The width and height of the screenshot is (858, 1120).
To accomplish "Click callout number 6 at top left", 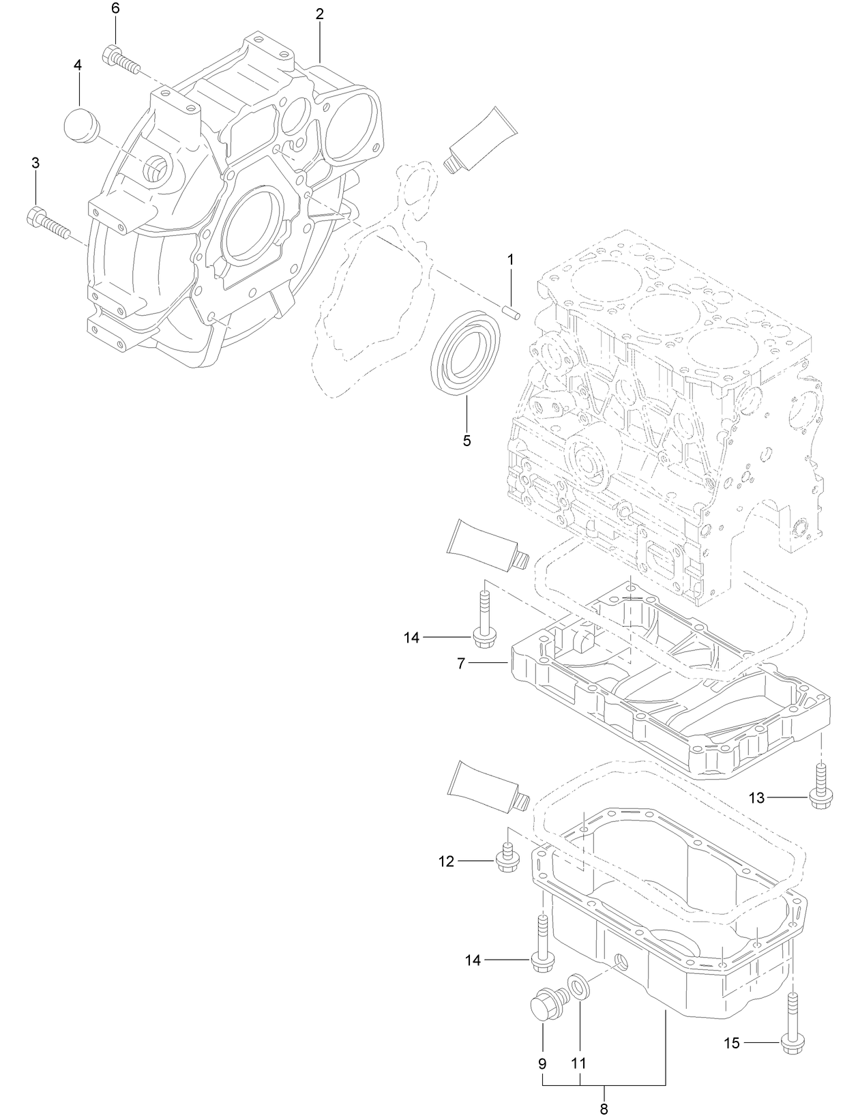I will pos(115,9).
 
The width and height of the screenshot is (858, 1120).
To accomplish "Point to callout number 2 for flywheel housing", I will pos(319,14).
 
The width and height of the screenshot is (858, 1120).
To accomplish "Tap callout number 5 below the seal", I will pos(467,441).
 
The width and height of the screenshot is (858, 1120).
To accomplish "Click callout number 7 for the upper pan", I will pos(460,663).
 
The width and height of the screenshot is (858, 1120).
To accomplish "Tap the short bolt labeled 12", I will pos(506,859).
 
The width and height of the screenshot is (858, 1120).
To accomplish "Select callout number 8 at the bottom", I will pos(604,1110).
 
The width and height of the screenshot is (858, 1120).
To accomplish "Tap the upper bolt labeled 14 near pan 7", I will pos(484,621).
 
